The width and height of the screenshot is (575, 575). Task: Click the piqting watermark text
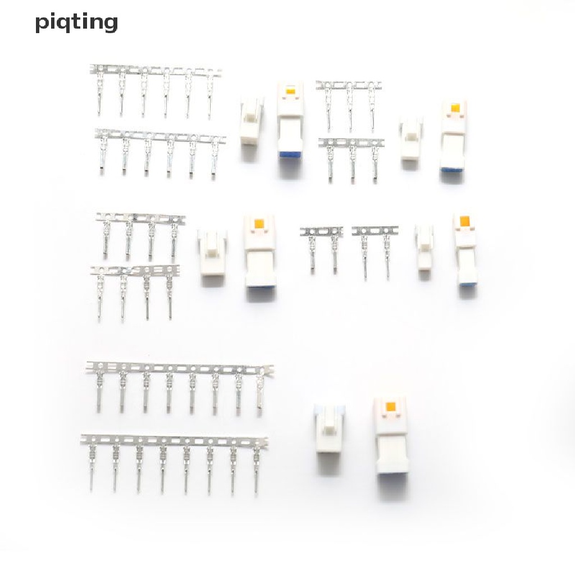point(76,22)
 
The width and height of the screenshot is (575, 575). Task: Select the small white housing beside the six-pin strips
point(252,120)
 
